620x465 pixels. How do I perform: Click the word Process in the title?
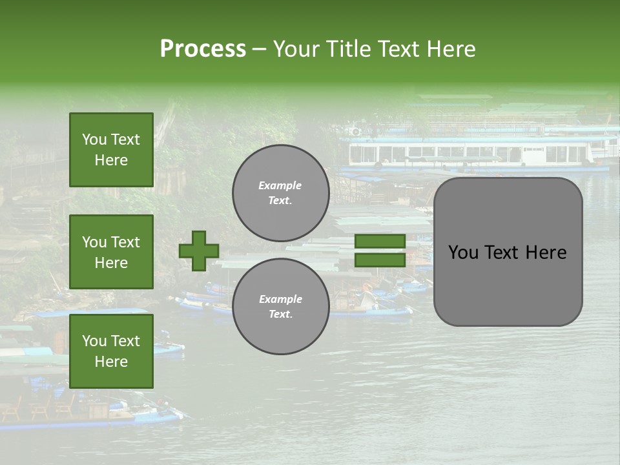[x=203, y=49]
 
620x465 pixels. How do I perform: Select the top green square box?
[x=111, y=150]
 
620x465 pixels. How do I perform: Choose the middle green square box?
[x=111, y=252]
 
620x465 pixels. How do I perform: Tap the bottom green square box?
[x=111, y=351]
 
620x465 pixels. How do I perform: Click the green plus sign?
[x=199, y=251]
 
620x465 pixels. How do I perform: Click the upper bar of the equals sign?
[x=380, y=242]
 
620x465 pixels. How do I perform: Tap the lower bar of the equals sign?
[x=380, y=260]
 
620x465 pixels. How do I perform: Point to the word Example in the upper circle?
[x=280, y=185]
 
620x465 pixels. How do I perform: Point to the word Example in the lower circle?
[x=280, y=299]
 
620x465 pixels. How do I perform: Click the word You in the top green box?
[x=94, y=139]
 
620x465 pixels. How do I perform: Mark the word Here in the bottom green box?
[x=111, y=362]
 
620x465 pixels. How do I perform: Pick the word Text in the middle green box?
[x=125, y=242]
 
